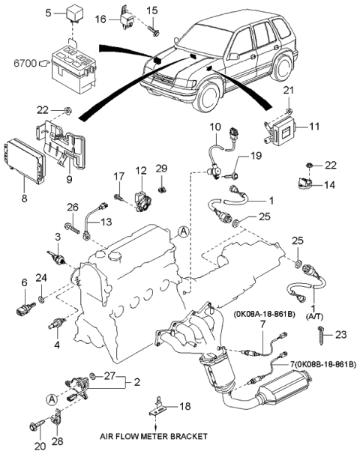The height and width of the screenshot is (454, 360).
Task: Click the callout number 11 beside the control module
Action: tap(314, 128)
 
